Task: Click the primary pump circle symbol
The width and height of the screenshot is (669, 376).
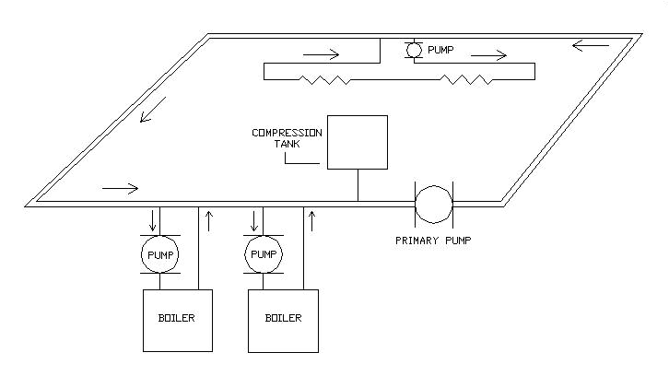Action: coord(433,204)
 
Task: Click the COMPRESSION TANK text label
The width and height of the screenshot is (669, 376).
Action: coord(286,138)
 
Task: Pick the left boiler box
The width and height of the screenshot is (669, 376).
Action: coord(178,320)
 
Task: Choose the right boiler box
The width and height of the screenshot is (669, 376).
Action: coord(283,320)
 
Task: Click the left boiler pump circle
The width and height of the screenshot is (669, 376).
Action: coord(158,253)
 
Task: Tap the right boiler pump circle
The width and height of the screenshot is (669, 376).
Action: coord(264,253)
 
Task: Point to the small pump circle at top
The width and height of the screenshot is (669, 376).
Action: coord(414,48)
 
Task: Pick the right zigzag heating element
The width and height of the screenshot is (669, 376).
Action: coord(468,81)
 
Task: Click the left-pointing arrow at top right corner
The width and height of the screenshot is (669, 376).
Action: coord(590,44)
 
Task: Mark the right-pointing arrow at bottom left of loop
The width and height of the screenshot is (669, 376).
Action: coord(120,189)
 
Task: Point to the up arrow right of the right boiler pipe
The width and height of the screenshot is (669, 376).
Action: coord(314,221)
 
